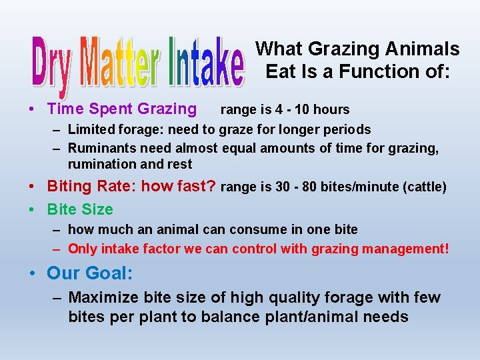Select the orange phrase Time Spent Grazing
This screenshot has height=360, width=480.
122,109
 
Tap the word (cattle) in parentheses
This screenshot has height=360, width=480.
424,187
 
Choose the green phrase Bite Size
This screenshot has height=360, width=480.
80,209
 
